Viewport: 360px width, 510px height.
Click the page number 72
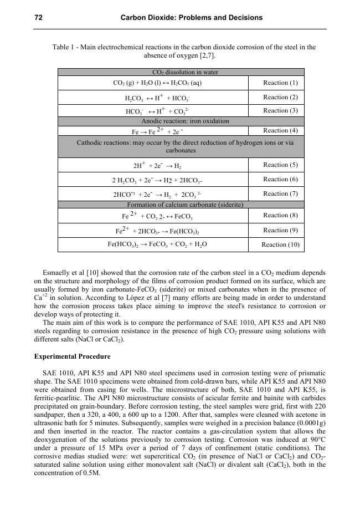(39, 18)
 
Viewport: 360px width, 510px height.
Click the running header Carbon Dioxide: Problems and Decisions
(192, 18)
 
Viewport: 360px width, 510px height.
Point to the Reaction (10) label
(280, 244)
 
